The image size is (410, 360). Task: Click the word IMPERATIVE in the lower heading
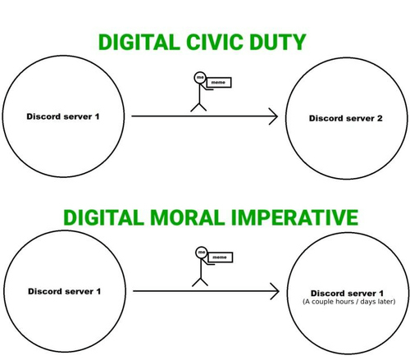[294, 217]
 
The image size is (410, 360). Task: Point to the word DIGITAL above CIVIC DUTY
[139, 42]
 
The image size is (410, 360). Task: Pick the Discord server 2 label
[346, 118]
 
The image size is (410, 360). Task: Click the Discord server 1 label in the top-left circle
[63, 116]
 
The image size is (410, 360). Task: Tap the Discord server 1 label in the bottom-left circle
[64, 291]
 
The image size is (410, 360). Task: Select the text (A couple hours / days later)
[349, 302]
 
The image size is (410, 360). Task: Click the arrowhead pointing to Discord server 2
[274, 116]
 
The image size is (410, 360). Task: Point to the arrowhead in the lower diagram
[276, 291]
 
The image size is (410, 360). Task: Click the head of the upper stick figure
[200, 77]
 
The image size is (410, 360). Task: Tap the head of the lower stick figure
[201, 253]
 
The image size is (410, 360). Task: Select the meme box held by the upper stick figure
[219, 82]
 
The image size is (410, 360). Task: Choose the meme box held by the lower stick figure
[220, 257]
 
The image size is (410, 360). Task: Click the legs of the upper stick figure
[198, 107]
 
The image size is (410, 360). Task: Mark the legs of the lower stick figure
[200, 282]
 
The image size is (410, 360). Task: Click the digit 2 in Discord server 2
[380, 118]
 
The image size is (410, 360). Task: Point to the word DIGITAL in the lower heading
[103, 217]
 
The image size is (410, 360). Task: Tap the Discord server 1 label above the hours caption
[347, 294]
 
